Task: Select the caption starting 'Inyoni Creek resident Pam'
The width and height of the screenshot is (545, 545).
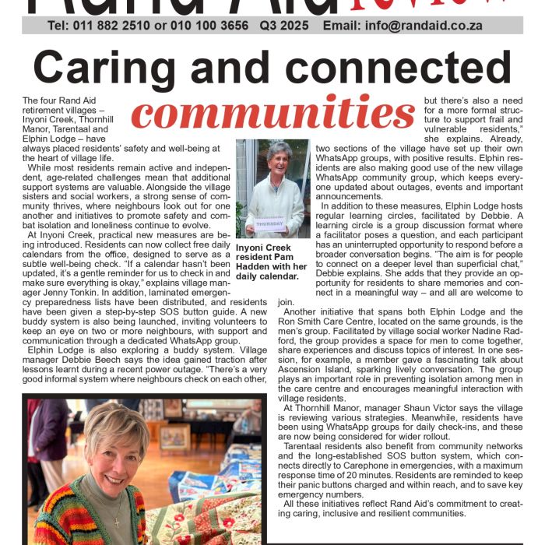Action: (x=272, y=262)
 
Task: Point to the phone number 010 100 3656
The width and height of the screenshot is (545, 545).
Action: (x=214, y=26)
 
